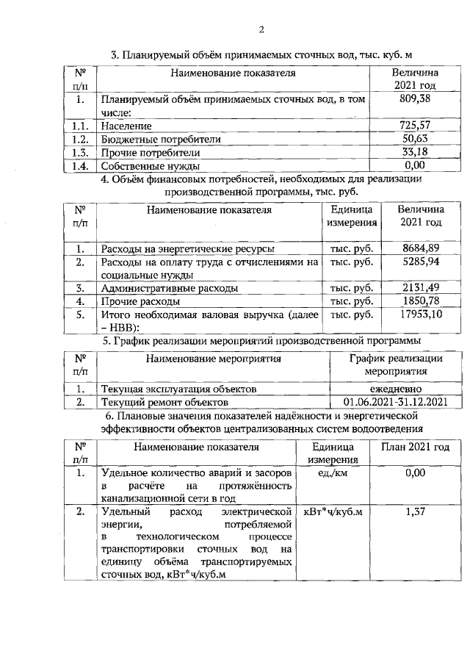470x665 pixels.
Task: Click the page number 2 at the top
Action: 261,30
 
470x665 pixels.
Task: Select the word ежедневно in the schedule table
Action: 395,389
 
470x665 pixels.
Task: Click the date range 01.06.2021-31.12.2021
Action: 395,402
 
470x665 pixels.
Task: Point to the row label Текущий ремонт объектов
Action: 164,403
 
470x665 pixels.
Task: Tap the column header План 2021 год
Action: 415,447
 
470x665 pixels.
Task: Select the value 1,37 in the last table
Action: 415,512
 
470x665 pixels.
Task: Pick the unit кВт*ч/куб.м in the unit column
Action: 328,512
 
